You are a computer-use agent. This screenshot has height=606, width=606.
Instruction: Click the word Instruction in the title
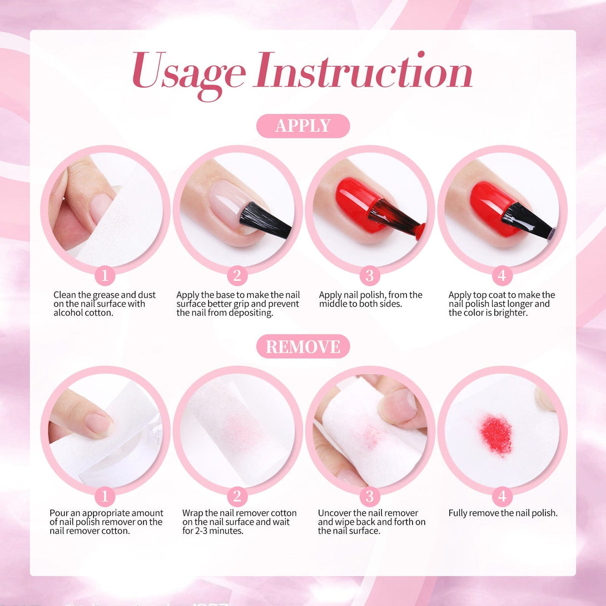click(x=363, y=69)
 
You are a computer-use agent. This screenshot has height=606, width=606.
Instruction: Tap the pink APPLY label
click(x=303, y=126)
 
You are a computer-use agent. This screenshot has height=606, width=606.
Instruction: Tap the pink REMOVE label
click(x=303, y=346)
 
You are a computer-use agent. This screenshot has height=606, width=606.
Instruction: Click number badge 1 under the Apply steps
click(x=105, y=276)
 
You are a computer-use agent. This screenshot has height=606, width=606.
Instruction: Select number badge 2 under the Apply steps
click(x=237, y=276)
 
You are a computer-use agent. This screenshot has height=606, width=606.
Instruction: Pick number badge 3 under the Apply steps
click(x=370, y=276)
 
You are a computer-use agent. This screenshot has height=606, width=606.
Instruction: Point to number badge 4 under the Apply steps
click(x=502, y=276)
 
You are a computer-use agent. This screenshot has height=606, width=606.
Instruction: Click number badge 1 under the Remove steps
click(x=105, y=496)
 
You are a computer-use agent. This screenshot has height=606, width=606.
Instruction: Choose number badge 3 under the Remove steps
click(x=370, y=496)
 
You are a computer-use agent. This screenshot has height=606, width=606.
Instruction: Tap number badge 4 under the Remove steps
click(x=502, y=496)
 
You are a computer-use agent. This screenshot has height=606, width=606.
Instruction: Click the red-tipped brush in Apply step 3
click(x=396, y=219)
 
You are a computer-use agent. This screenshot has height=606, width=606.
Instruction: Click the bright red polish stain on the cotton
click(x=496, y=435)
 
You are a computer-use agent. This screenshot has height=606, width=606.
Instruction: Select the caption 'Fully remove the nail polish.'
click(x=503, y=513)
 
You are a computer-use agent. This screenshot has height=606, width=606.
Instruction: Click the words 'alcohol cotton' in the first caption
click(x=83, y=313)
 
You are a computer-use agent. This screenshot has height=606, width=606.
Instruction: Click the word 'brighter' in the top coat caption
click(x=510, y=313)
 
